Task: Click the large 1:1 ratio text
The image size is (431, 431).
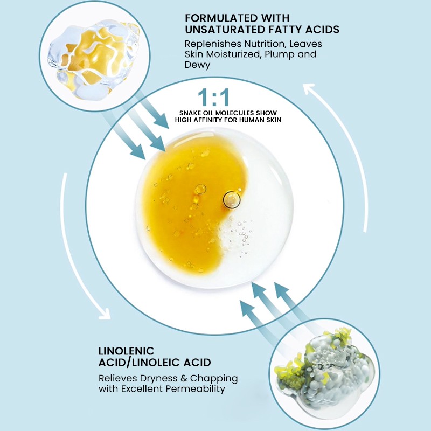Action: click(x=213, y=97)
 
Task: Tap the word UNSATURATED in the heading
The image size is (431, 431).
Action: click(x=225, y=30)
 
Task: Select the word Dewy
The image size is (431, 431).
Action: click(x=197, y=65)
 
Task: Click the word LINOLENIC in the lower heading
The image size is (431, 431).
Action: click(x=127, y=351)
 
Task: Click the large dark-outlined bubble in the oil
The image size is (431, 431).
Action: click(x=232, y=199)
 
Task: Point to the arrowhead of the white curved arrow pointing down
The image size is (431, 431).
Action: click(x=105, y=314)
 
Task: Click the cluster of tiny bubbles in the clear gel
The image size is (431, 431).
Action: click(x=240, y=234)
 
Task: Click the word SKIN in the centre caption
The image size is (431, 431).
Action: click(x=274, y=120)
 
